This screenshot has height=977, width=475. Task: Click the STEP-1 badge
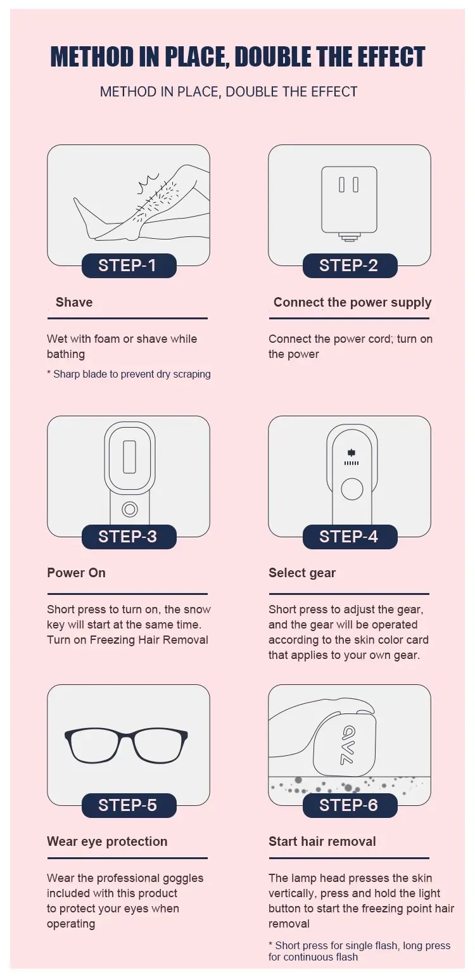tap(129, 265)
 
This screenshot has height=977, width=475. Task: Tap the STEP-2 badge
tap(350, 265)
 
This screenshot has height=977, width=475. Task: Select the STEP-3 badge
tap(129, 537)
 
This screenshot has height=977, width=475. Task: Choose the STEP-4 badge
tap(350, 537)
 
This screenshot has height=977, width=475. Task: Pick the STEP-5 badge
tap(129, 805)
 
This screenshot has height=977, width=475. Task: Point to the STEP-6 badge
tap(350, 805)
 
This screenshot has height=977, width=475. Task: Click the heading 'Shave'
tap(74, 302)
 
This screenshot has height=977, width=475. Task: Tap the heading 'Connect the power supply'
tap(352, 303)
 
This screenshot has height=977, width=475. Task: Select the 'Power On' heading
tap(77, 573)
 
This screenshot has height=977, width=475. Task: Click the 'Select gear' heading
tap(302, 573)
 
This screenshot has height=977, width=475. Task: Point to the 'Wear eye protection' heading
tap(107, 842)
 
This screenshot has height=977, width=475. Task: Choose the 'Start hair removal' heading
tap(322, 841)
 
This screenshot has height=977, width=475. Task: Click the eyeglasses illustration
tap(127, 746)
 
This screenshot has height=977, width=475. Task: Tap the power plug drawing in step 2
tap(349, 203)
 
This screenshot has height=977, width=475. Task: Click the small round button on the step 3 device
tap(130, 509)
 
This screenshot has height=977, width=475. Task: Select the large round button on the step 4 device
tap(351, 489)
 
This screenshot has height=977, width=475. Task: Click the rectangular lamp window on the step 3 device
tap(130, 457)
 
